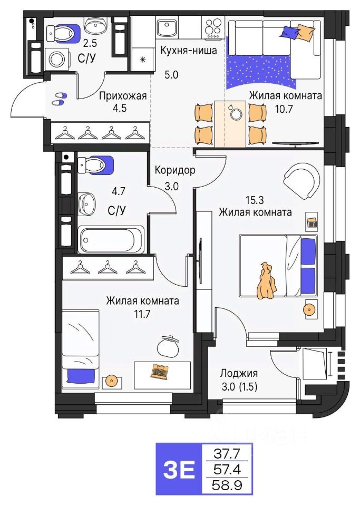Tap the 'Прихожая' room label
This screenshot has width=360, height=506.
[123, 96]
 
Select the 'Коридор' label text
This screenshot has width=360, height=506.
[175, 171]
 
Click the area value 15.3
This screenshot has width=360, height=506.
[255, 200]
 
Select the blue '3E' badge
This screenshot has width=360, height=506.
[179, 469]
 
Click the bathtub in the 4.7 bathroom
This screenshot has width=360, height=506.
[111, 240]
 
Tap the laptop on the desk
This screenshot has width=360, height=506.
[159, 371]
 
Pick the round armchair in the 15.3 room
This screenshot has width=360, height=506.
[301, 180]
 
